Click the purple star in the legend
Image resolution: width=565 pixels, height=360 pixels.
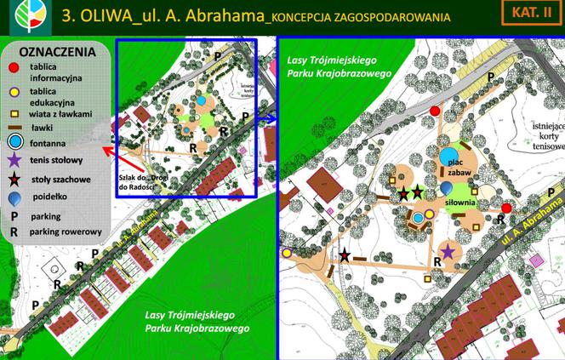[x=14, y=159]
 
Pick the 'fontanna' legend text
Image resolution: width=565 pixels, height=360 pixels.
[x=48, y=144]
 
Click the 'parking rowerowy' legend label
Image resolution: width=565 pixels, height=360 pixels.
[x=66, y=231]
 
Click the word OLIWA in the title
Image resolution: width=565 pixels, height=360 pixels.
[x=100, y=16]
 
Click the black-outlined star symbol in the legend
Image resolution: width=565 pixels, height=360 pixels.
[x=14, y=179]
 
